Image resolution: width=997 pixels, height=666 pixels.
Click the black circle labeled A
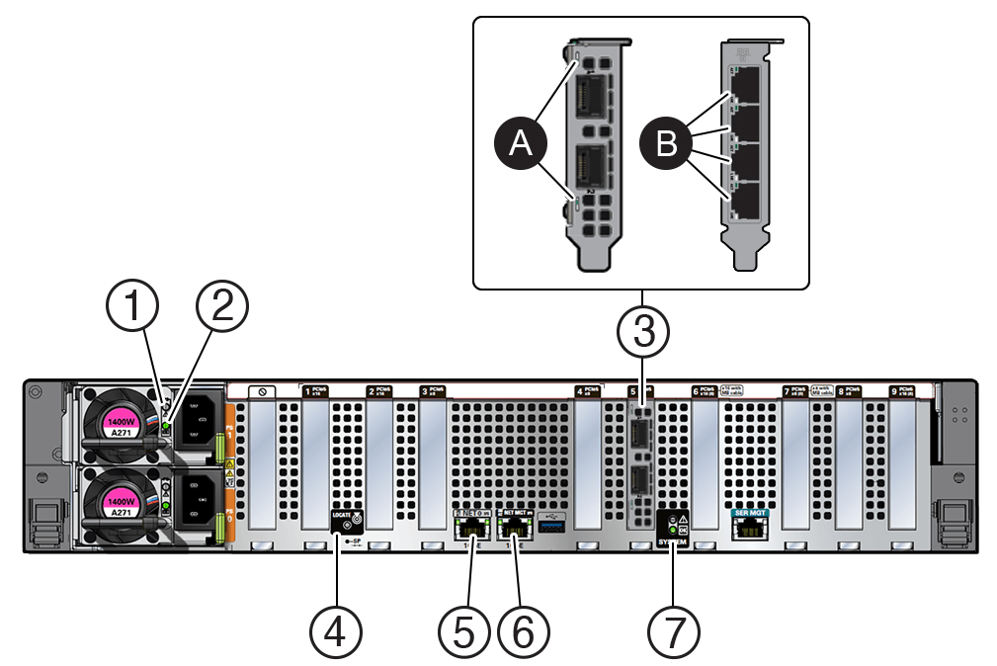click(521, 145)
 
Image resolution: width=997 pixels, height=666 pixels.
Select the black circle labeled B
click(667, 145)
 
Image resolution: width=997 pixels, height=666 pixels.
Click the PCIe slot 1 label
click(313, 391)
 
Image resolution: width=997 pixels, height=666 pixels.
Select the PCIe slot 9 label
click(901, 391)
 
